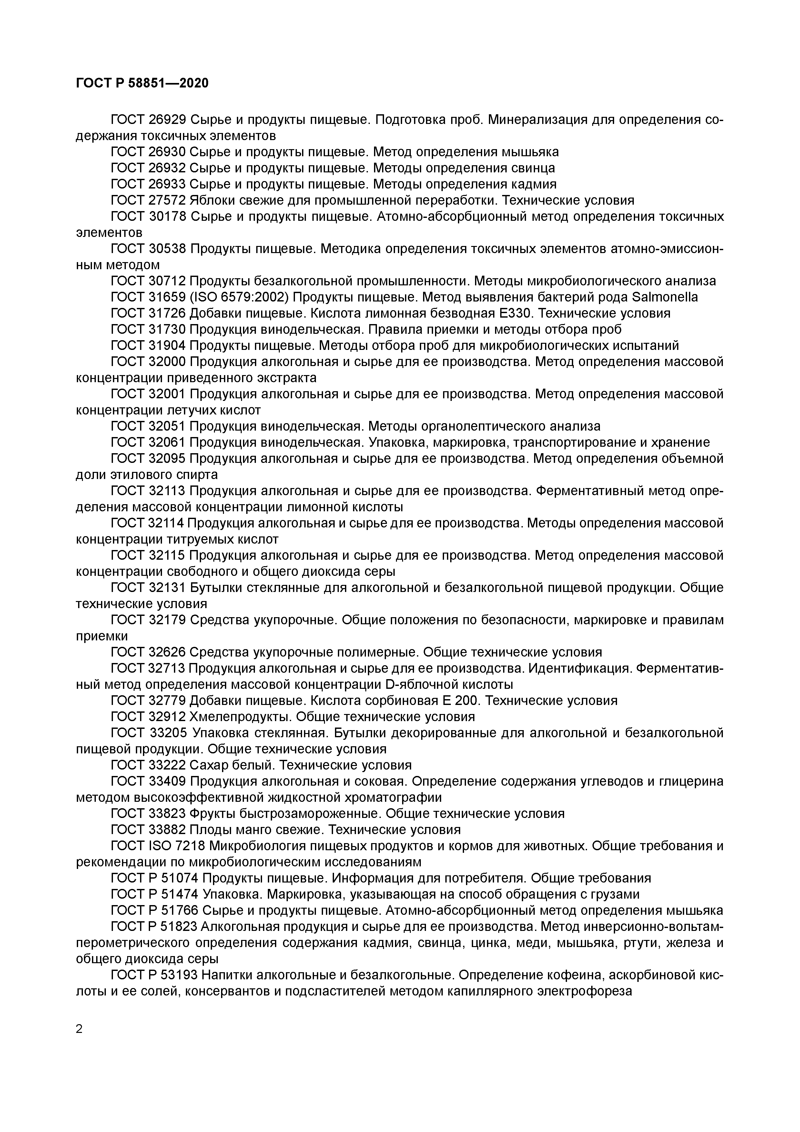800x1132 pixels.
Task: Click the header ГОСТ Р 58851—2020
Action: pos(142,83)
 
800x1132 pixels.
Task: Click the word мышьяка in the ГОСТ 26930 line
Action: pos(530,152)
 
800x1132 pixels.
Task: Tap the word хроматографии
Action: pos(383,797)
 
